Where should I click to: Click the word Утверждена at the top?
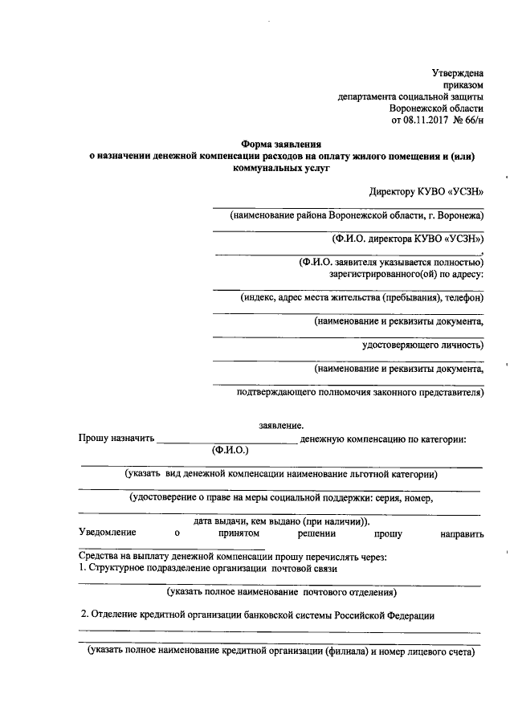tap(457, 73)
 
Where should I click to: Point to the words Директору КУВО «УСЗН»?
tap(426, 193)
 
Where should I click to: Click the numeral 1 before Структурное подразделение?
tap(81, 568)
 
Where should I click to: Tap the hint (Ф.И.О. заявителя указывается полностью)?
tap(391, 262)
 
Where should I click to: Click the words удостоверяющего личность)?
tap(423, 345)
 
